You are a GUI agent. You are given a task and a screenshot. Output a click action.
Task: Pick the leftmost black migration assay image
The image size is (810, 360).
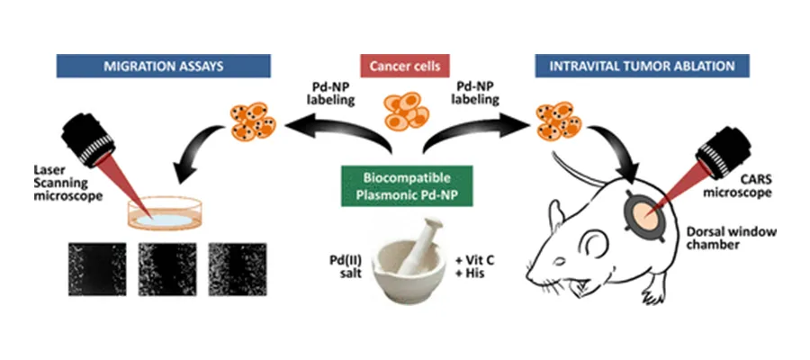[95, 267]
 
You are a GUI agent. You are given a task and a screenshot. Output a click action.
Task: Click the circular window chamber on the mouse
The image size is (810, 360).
[643, 211]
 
